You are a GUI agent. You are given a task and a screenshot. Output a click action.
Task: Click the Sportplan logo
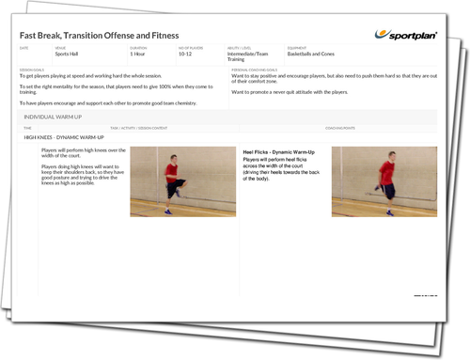click(408, 35)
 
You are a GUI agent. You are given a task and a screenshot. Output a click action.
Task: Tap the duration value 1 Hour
click(137, 55)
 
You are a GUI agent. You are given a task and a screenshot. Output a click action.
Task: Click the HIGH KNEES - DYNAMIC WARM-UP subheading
click(64, 137)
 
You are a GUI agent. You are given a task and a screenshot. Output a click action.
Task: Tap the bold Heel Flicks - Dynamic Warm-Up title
click(279, 150)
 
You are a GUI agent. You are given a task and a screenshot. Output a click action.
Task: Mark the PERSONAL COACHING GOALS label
click(256, 69)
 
